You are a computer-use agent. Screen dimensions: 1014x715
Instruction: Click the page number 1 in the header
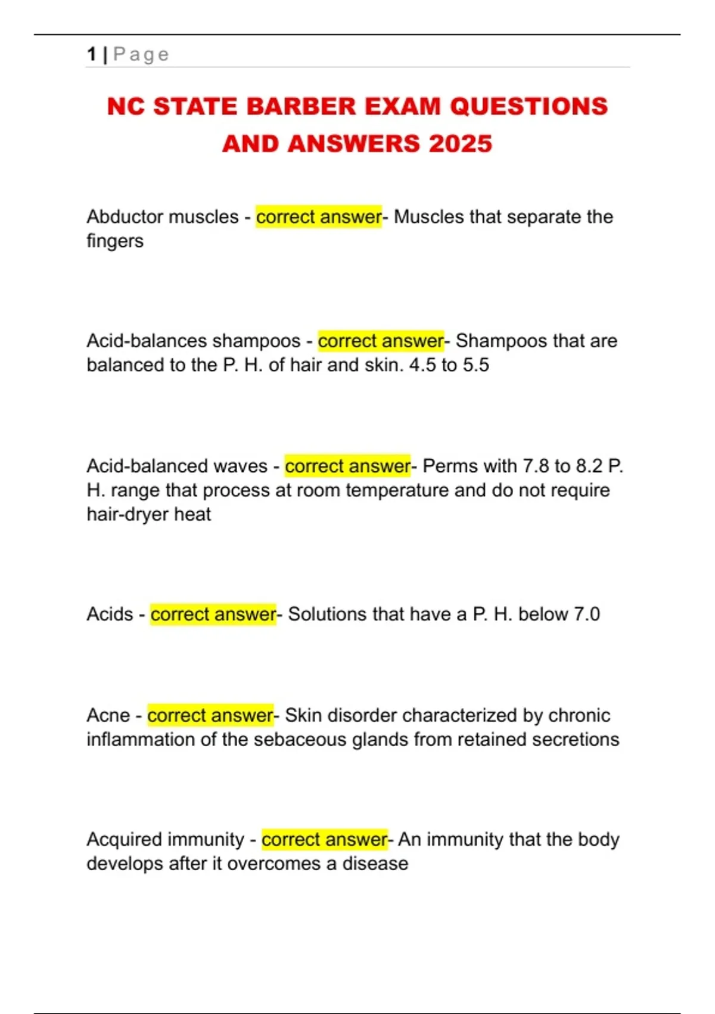pos(91,54)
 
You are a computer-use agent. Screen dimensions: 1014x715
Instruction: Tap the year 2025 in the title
pos(460,144)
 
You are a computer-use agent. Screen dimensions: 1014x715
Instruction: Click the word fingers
pos(115,241)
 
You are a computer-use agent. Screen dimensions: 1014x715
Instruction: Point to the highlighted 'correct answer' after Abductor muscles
pos(319,217)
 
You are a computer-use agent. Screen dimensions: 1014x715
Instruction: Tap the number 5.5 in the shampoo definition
pos(475,365)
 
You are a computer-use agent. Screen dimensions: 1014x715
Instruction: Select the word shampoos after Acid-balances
pos(256,341)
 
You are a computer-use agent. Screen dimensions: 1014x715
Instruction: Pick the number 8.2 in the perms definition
pos(589,466)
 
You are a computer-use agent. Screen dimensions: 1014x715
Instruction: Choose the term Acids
pos(110,614)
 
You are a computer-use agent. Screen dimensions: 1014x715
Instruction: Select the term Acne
pos(108,715)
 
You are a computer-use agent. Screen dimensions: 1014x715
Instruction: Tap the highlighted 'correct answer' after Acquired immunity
pos(325,840)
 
